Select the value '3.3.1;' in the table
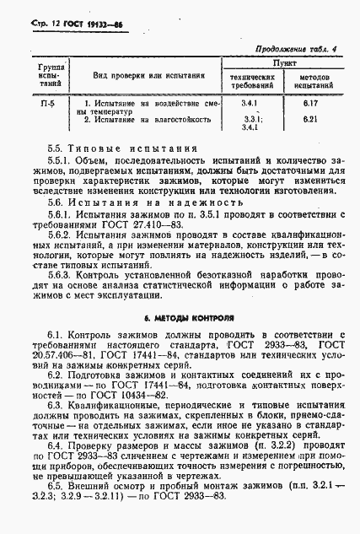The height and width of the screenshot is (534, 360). pos(250,120)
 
